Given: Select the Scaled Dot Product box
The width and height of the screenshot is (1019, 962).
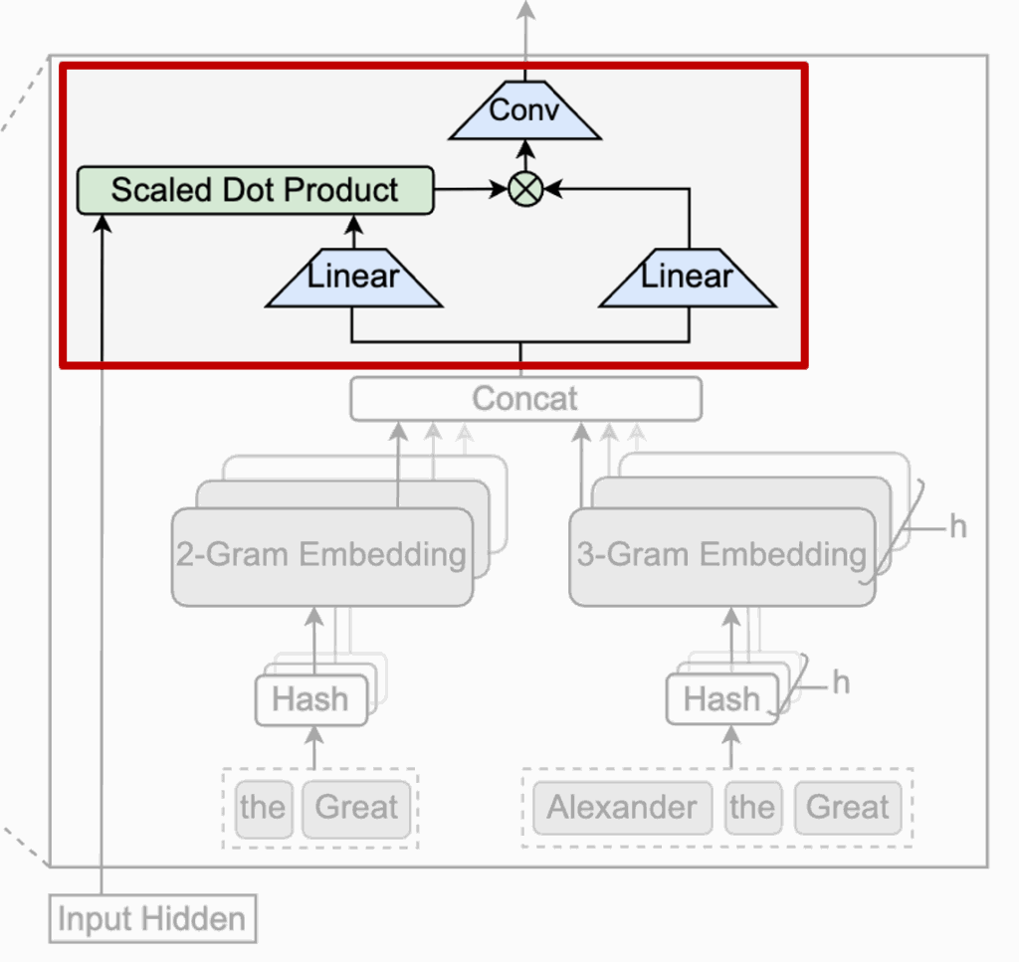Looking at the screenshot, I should coord(256,190).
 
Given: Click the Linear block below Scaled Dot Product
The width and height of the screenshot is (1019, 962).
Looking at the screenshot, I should coord(353,278).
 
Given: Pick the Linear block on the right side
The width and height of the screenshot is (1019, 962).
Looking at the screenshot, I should coord(687,278).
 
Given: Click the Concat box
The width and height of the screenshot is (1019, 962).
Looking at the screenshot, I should coord(525,399).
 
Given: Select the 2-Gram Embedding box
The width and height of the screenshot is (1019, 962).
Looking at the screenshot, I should coord(321,556).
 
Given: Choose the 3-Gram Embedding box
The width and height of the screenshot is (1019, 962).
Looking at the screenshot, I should coord(721,556).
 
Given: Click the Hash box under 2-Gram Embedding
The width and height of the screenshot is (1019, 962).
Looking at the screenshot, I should coord(310,700).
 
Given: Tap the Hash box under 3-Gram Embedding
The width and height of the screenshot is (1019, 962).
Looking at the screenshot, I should coord(722,700).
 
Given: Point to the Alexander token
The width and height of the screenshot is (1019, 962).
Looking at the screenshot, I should coord(622,808).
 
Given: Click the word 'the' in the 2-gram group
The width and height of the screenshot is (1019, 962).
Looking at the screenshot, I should coord(263,808).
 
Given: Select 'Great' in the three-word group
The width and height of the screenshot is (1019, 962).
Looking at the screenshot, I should coord(848,808).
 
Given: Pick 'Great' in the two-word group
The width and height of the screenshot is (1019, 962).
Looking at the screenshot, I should coord(356,808).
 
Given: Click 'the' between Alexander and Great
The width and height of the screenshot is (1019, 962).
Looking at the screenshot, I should coord(751,808).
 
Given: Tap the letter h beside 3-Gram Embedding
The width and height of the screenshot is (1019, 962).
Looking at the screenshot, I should coord(957,527).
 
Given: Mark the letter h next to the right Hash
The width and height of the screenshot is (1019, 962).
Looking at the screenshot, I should coord(842,683).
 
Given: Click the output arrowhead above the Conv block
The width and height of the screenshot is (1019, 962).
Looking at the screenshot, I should coord(523,10).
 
